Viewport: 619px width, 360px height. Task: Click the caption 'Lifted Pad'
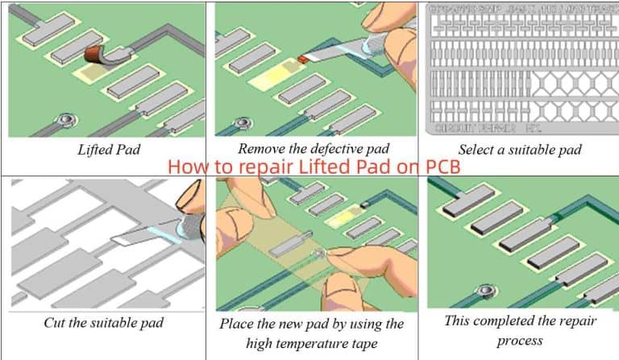[x=106, y=149]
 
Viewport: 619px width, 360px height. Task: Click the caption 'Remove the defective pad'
[x=313, y=148]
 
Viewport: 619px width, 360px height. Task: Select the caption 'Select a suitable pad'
[x=520, y=149]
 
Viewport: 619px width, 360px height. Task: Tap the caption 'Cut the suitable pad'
[x=106, y=323]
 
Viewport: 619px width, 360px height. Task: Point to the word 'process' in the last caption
[x=520, y=341]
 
